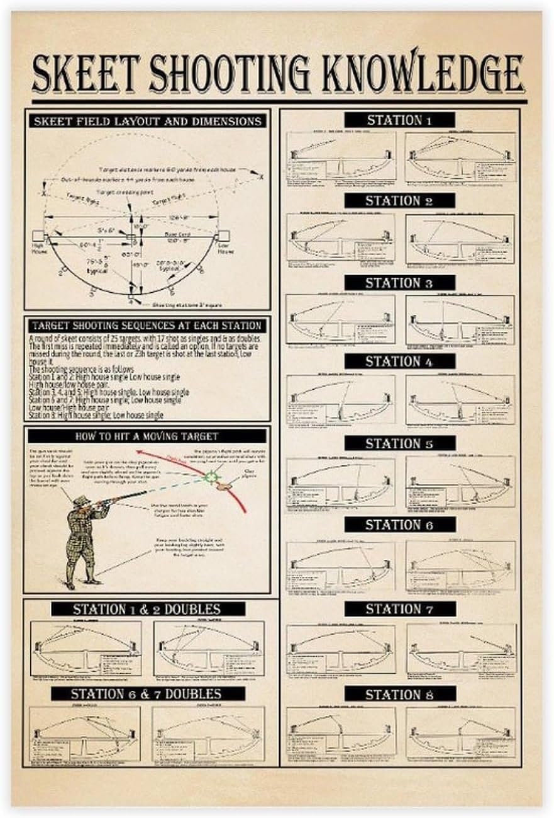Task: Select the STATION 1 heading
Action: pos(399,120)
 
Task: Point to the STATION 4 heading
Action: pos(399,361)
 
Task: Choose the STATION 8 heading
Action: pos(399,695)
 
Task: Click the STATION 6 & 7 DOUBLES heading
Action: pos(147,694)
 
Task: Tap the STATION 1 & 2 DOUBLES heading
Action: pos(147,609)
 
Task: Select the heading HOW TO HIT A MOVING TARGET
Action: pos(147,436)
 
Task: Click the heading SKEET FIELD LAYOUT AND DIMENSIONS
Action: pos(147,120)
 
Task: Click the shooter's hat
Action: pos(80,501)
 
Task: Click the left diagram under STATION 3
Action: pos(340,319)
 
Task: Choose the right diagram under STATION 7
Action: pos(461,649)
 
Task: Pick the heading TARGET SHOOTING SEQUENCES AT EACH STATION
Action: pos(147,326)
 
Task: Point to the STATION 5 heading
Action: pos(399,443)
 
